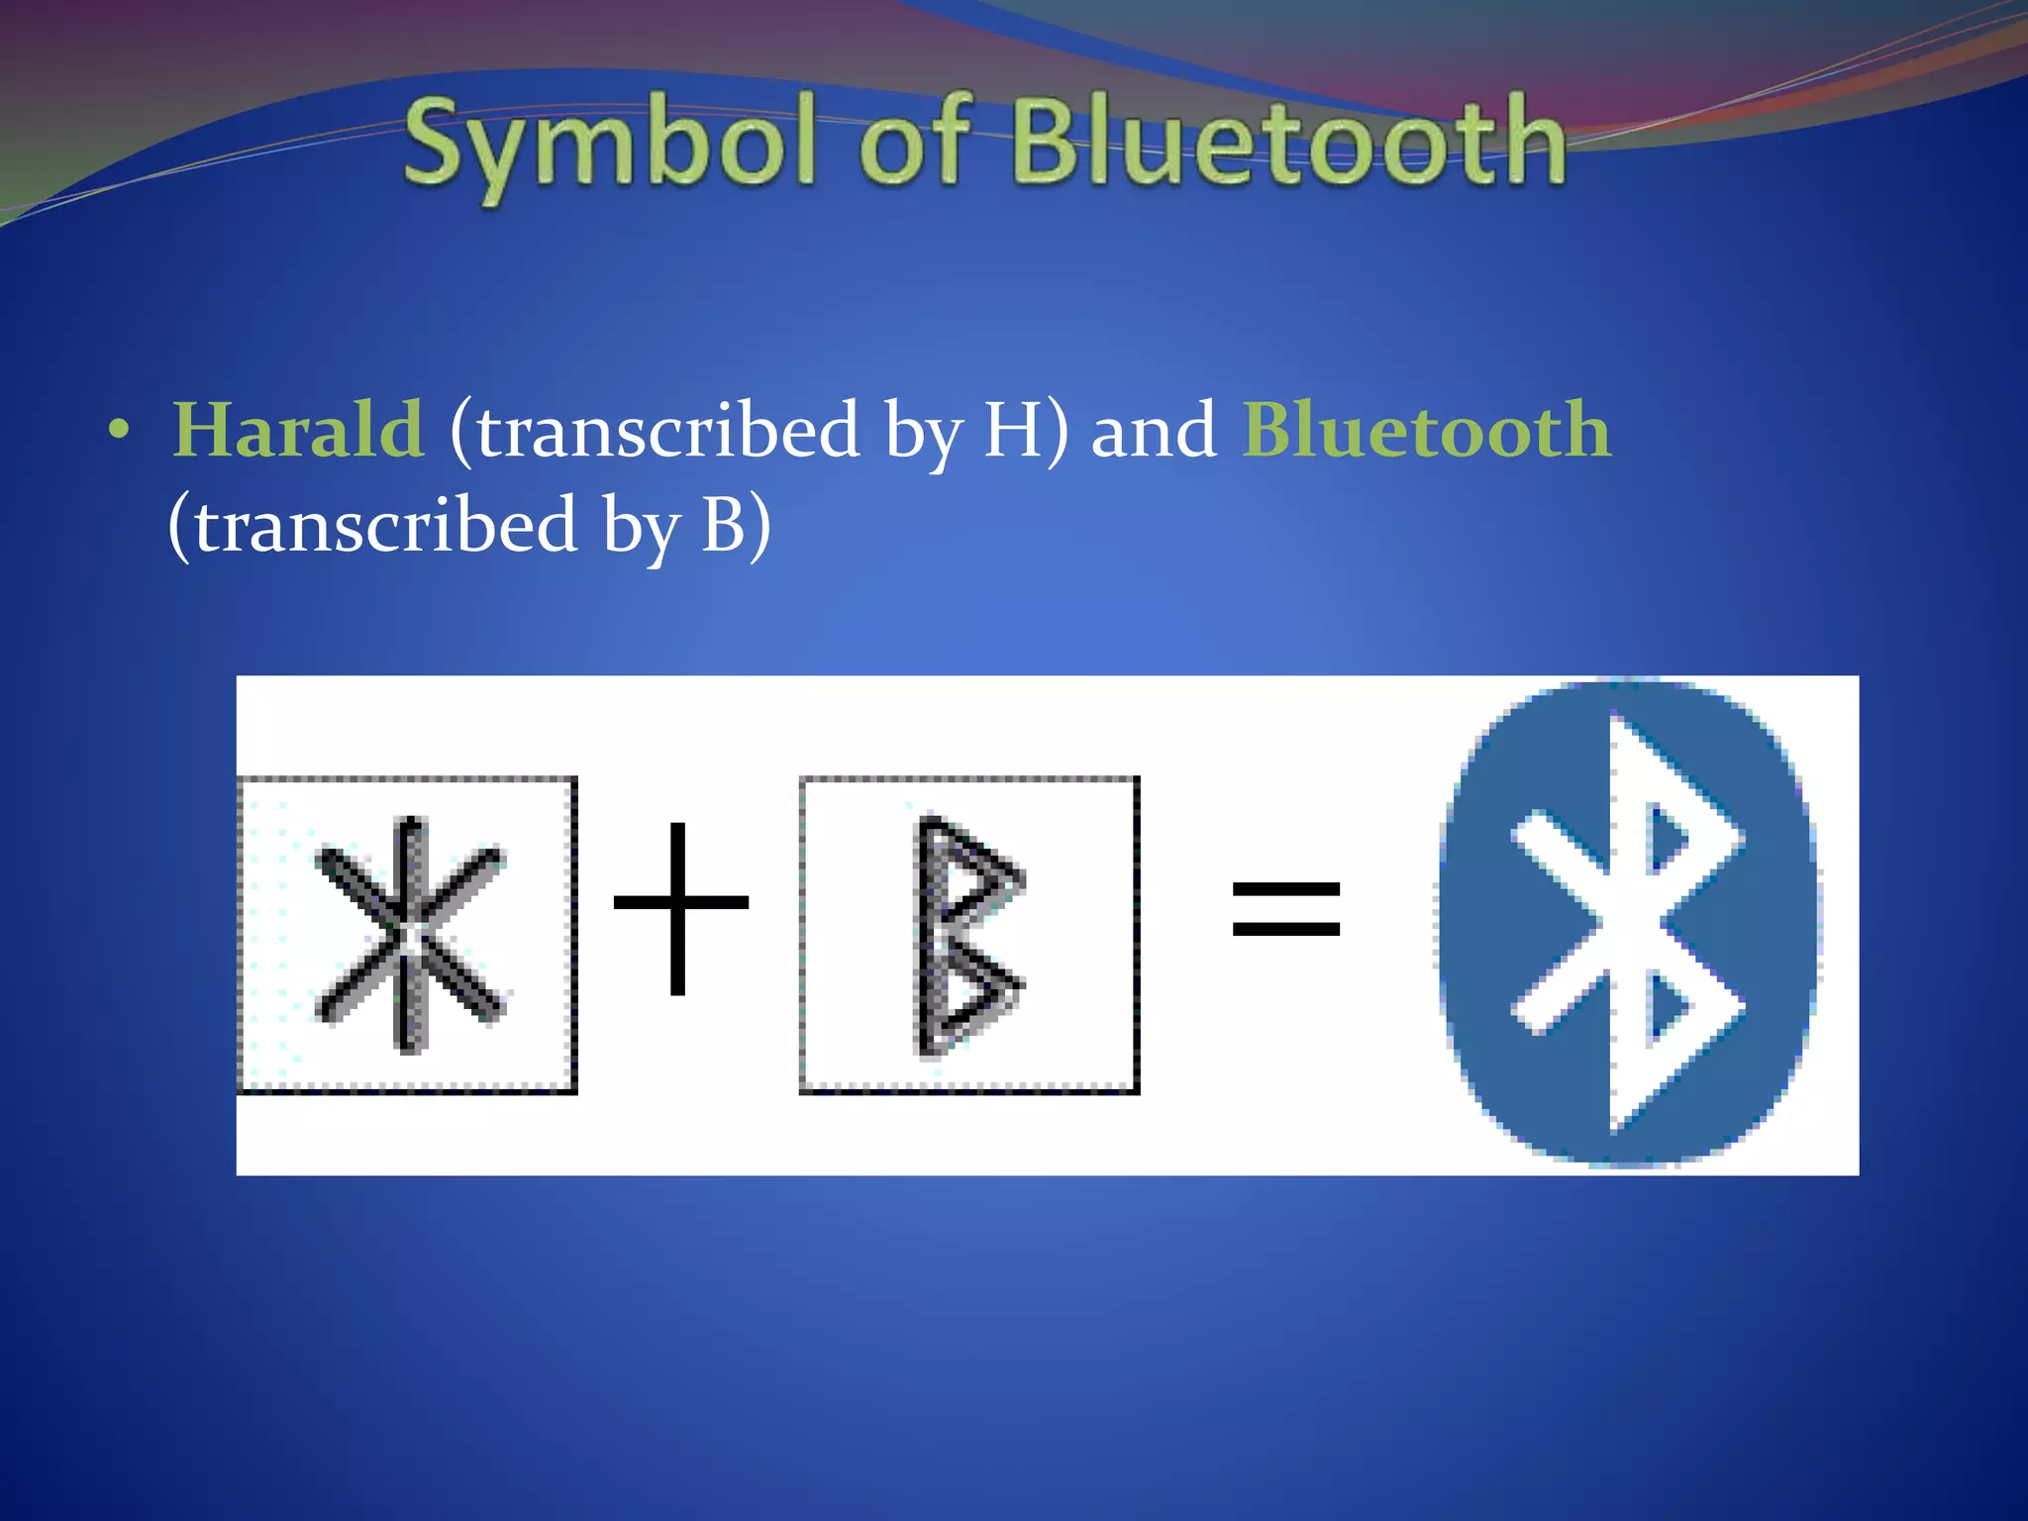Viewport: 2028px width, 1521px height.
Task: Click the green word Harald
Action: [298, 431]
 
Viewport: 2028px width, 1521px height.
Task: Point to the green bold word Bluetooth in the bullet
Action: [1427, 431]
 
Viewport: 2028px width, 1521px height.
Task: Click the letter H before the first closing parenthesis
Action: [1011, 431]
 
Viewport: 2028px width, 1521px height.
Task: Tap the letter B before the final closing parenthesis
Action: [723, 525]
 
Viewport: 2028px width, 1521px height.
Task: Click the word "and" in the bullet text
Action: [1153, 431]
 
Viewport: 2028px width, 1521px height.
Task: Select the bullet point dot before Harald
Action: [119, 432]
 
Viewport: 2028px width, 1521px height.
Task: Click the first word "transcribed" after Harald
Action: [667, 431]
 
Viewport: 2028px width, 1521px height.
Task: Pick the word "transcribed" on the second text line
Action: [385, 525]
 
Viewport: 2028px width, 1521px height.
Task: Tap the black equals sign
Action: [1285, 909]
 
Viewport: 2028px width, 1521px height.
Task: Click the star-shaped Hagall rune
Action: [410, 935]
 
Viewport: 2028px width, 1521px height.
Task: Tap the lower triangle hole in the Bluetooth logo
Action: [1666, 1010]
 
